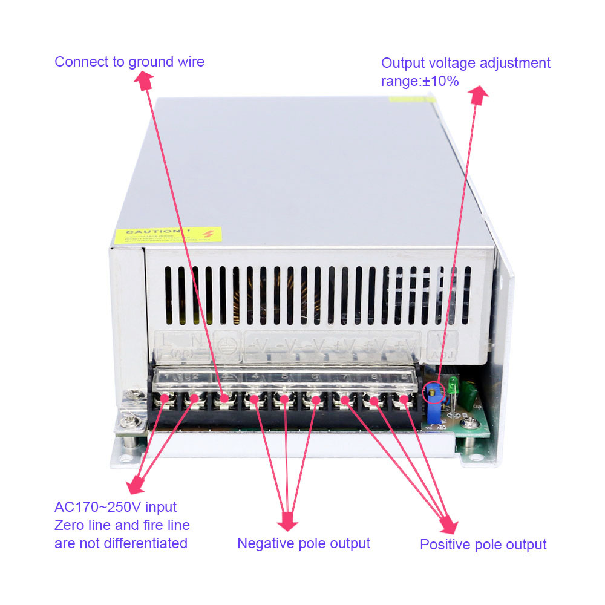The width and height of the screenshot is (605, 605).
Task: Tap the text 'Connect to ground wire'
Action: tap(129, 62)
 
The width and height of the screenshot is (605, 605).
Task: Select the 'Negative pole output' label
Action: tap(303, 543)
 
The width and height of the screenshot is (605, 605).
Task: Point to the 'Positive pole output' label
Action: tap(483, 544)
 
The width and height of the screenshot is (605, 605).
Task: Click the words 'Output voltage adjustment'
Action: tap(466, 64)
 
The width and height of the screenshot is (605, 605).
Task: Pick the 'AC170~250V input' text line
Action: tap(116, 507)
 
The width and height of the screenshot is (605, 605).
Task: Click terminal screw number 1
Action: tap(165, 399)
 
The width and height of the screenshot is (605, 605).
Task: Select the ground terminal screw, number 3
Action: tap(224, 399)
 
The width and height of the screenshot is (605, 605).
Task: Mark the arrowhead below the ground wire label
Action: tap(144, 80)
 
